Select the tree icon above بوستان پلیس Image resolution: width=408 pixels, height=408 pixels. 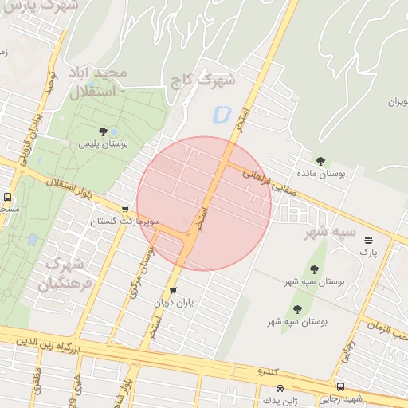point(102,131)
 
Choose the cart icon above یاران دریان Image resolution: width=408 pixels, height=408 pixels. point(173,290)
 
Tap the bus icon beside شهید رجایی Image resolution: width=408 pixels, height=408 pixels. point(341,386)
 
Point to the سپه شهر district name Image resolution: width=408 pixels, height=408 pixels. point(331,232)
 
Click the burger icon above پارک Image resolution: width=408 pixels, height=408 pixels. point(367,240)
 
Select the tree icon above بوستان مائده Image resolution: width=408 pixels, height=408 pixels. point(320,161)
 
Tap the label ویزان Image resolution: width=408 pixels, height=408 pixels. point(396,101)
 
